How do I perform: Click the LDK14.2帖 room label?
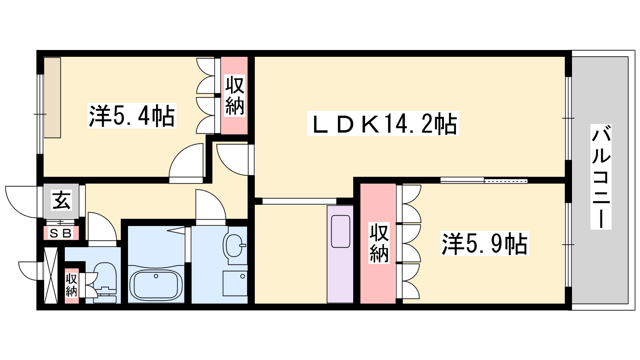(x=383, y=124)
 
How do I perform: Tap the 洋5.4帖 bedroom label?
(x=132, y=116)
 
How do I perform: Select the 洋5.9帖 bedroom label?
(x=484, y=244)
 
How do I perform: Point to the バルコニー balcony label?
(x=601, y=177)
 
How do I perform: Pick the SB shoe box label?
(x=60, y=234)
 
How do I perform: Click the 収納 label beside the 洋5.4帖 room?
(x=234, y=96)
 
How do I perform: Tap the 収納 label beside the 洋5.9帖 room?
(x=379, y=244)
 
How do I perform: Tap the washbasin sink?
(x=235, y=246)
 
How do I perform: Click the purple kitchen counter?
(x=340, y=254)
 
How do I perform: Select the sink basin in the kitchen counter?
(x=340, y=232)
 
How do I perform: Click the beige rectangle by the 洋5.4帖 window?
(x=52, y=98)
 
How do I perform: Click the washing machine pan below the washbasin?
(x=235, y=284)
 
